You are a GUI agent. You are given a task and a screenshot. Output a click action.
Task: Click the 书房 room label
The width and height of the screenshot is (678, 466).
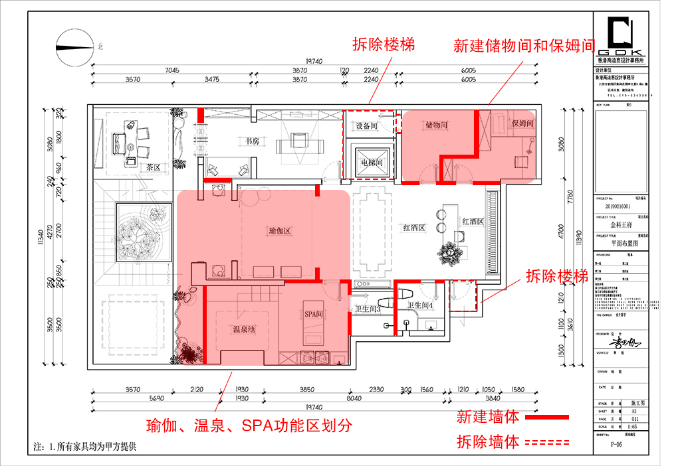[248, 141]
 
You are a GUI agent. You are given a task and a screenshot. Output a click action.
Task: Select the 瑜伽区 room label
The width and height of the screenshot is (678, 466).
[280, 231]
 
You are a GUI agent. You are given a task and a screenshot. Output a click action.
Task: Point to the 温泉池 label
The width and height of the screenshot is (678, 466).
[245, 329]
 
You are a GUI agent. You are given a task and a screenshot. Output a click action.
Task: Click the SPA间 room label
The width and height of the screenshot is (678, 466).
[313, 313]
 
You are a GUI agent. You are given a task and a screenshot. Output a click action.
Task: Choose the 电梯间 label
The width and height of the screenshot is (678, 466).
[372, 163]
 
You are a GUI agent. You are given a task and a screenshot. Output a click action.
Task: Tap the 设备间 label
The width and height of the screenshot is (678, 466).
[366, 125]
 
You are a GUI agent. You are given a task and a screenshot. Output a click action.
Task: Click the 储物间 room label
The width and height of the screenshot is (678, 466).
[436, 125]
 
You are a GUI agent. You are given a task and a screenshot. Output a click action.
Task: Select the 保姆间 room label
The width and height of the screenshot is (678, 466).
[522, 124]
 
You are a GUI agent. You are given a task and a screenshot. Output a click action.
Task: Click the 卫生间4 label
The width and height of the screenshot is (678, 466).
[421, 306]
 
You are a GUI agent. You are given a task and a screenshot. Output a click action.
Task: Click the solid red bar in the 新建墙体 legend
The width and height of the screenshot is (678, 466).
[546, 417]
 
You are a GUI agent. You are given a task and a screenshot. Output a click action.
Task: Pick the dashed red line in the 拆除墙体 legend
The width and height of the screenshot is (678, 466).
[546, 442]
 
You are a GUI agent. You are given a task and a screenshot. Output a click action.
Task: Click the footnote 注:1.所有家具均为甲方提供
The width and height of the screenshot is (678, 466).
[84, 447]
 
